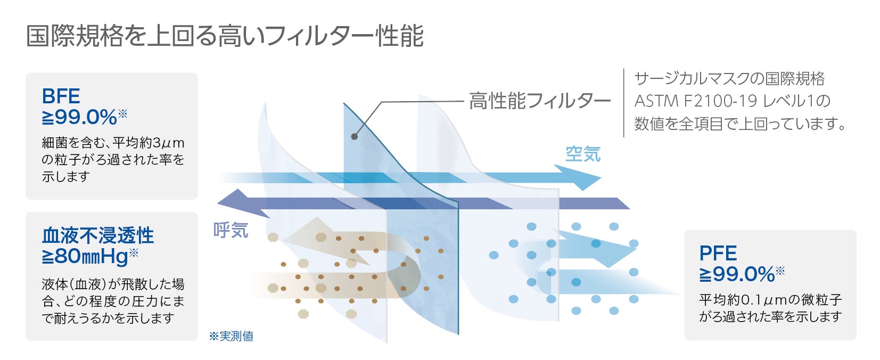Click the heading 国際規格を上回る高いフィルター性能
point(225,36)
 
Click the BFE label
point(61,96)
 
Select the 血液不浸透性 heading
point(98,235)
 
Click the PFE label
point(718,253)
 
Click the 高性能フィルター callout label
point(539,101)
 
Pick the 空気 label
point(583,154)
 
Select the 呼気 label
point(231,230)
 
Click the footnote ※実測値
point(231,336)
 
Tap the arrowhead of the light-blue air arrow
point(580,178)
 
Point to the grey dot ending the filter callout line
point(355,136)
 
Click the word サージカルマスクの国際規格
point(729,79)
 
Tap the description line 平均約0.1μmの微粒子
point(770,300)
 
